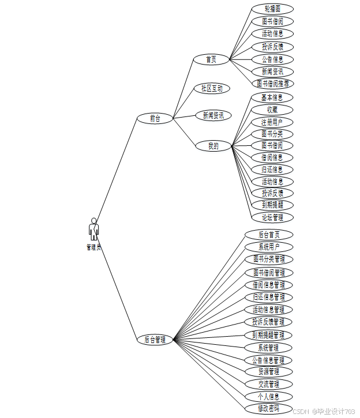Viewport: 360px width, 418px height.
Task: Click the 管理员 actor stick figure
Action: coord(93,229)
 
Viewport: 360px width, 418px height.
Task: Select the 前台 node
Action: coord(155,118)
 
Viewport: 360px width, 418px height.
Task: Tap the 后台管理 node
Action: coord(155,340)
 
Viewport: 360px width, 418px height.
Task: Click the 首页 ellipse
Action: coord(211,59)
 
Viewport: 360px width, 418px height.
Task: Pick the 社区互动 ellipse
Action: coord(212,88)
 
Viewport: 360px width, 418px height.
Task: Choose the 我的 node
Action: coord(213,146)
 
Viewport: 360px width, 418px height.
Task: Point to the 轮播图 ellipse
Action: coord(272,9)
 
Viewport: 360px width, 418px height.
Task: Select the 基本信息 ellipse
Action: coord(272,97)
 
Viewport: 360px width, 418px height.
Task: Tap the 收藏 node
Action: coord(272,110)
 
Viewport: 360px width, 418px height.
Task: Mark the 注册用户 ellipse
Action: coord(272,122)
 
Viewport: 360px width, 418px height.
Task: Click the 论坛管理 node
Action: coord(272,217)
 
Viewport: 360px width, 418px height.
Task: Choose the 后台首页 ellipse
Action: coord(268,235)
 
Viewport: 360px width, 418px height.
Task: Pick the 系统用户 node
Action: coord(268,247)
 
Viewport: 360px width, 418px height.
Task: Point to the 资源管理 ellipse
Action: coord(268,371)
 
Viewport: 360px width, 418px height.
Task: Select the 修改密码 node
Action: coord(268,408)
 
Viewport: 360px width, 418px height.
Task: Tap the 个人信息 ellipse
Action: coord(268,396)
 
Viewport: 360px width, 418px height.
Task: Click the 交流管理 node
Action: coord(268,384)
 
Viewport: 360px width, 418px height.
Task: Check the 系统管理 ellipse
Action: coord(268,348)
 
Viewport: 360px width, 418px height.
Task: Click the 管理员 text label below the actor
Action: coord(93,247)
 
